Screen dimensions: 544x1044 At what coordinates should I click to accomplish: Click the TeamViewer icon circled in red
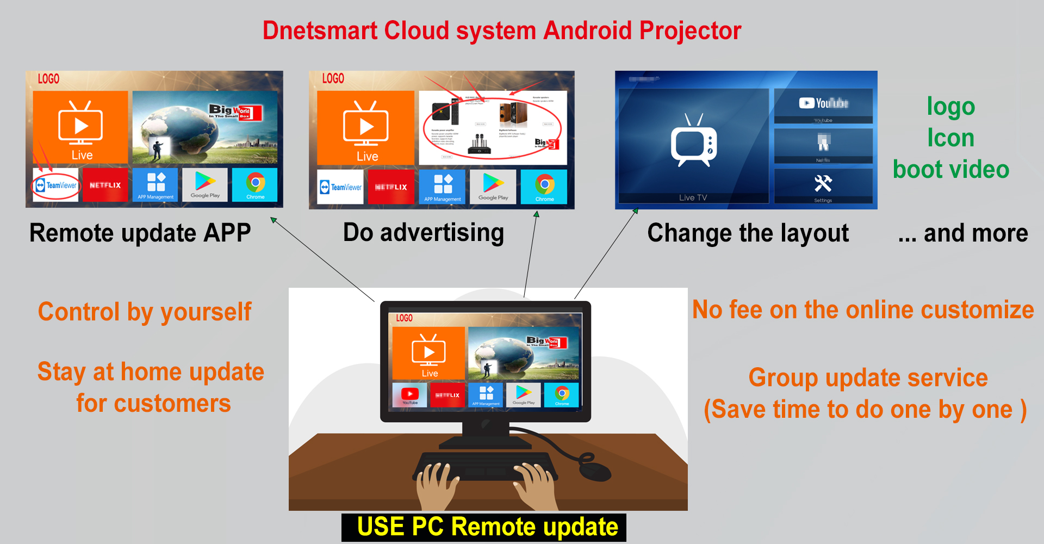pyautogui.click(x=55, y=185)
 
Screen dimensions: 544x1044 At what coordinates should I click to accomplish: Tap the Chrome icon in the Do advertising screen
pyautogui.click(x=544, y=186)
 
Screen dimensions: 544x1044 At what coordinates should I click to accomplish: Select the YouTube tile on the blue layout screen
pyautogui.click(x=823, y=105)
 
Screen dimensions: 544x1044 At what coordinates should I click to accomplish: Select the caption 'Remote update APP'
pyautogui.click(x=140, y=233)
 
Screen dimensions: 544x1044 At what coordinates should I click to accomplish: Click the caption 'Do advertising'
pyautogui.click(x=423, y=233)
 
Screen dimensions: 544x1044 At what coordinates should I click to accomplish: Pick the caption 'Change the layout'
pyautogui.click(x=748, y=233)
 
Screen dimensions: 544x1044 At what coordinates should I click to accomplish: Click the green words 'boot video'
pyautogui.click(x=950, y=170)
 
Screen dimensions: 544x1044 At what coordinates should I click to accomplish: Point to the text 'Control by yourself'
pyautogui.click(x=145, y=312)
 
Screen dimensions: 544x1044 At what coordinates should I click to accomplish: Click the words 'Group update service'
pyautogui.click(x=868, y=378)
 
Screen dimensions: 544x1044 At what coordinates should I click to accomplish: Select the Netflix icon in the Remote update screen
pyautogui.click(x=105, y=185)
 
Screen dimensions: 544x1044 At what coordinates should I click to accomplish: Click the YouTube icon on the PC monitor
pyautogui.click(x=410, y=395)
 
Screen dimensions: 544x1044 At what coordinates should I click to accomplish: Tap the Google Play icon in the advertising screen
pyautogui.click(x=494, y=187)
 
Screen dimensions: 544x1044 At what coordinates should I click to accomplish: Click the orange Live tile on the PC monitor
pyautogui.click(x=428, y=353)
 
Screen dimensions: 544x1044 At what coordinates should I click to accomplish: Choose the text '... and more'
pyautogui.click(x=962, y=233)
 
